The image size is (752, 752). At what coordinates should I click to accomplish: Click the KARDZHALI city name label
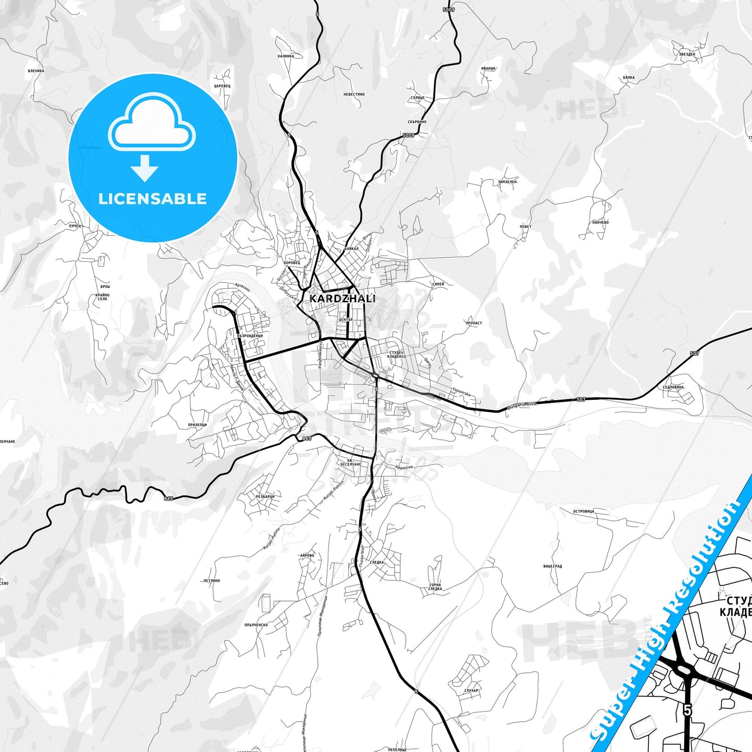tap(342, 299)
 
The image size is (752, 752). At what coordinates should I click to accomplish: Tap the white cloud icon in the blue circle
tap(152, 125)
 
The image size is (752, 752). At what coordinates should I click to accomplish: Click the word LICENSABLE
tap(152, 199)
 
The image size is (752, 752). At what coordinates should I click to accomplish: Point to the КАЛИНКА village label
tap(286, 56)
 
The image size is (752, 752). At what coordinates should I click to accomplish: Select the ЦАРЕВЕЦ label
tap(222, 86)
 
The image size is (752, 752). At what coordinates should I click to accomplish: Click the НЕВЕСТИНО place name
tap(354, 95)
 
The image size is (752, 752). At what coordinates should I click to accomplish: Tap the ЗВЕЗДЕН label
tap(687, 54)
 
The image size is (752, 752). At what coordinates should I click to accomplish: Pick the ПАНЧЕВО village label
tap(600, 223)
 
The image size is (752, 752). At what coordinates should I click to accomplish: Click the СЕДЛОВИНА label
tap(673, 387)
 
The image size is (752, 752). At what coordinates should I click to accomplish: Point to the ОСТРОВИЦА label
tap(583, 512)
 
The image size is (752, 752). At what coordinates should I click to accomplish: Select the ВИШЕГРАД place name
tap(552, 566)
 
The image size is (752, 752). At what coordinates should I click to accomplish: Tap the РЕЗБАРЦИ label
tap(265, 496)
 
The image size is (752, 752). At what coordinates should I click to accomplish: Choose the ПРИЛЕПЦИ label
tap(197, 425)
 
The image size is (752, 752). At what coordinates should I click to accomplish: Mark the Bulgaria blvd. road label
tap(521, 405)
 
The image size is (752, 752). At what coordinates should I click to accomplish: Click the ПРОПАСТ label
tap(474, 323)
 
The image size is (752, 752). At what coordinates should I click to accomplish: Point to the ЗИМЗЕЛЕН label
tap(507, 182)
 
